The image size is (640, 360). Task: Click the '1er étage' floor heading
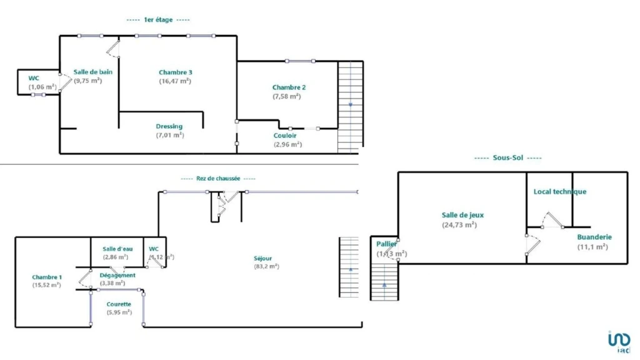(x=158, y=19)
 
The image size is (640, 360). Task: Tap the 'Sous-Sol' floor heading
(x=507, y=157)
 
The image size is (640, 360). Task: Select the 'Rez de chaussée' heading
(x=218, y=178)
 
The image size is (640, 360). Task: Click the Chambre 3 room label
(x=176, y=72)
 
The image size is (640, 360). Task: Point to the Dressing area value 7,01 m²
(x=170, y=135)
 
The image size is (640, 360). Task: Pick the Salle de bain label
(x=93, y=72)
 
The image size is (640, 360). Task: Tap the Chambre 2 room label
(x=289, y=87)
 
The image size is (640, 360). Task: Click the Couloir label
(x=285, y=136)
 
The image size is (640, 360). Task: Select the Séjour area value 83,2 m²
(x=266, y=266)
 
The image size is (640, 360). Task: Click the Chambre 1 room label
(x=47, y=277)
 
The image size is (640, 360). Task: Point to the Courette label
(x=119, y=304)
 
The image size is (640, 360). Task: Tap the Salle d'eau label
(x=117, y=249)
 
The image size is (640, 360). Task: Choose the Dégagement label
(x=117, y=276)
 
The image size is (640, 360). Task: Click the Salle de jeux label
(x=463, y=215)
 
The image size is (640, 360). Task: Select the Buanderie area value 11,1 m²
(x=592, y=247)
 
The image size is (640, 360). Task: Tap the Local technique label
(x=560, y=191)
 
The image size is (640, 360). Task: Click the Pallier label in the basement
(x=386, y=244)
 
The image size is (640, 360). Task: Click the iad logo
(x=619, y=342)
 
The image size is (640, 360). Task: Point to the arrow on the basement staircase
(x=384, y=285)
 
